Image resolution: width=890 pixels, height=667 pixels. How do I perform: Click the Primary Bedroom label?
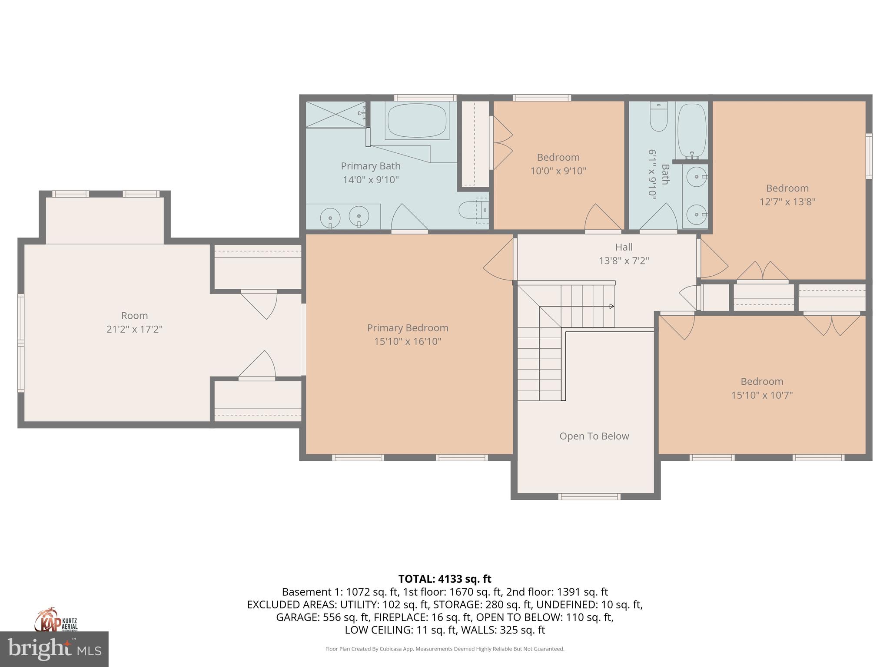407,328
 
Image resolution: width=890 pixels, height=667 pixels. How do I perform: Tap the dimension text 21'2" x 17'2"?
134,329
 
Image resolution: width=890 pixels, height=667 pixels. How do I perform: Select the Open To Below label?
594,436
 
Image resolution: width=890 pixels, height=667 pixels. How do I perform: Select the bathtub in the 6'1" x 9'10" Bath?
691,130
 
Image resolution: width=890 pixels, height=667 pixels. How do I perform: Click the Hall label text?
624,247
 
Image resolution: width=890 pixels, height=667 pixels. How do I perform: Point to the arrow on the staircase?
611,306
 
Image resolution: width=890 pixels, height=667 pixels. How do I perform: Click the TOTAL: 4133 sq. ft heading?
445,579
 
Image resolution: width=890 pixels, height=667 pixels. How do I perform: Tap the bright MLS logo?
54,649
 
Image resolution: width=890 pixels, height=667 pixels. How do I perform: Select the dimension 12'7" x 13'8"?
787,202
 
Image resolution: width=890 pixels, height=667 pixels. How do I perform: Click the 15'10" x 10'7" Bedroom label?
762,382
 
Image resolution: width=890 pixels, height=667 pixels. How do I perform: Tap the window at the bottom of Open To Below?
589,497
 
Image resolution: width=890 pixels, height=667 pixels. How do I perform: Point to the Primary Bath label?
370,166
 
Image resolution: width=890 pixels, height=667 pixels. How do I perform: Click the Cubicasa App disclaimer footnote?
445,649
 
